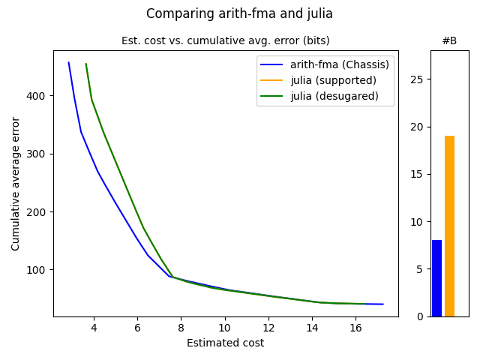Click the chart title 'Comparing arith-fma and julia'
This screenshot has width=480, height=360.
(239, 13)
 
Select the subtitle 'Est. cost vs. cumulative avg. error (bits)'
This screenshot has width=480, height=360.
(225, 40)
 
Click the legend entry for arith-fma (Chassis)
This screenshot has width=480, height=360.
(340, 64)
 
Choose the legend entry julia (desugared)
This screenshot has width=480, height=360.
(334, 96)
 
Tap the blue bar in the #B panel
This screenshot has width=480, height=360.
(436, 278)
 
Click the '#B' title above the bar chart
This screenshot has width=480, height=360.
(449, 40)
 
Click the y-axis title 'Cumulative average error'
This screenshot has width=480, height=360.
(16, 183)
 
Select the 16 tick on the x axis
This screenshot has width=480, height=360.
(356, 328)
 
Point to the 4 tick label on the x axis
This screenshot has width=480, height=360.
(94, 328)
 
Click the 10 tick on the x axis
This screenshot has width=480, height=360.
(225, 328)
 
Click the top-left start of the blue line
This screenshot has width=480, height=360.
(69, 63)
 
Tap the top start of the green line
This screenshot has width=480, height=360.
(86, 64)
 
